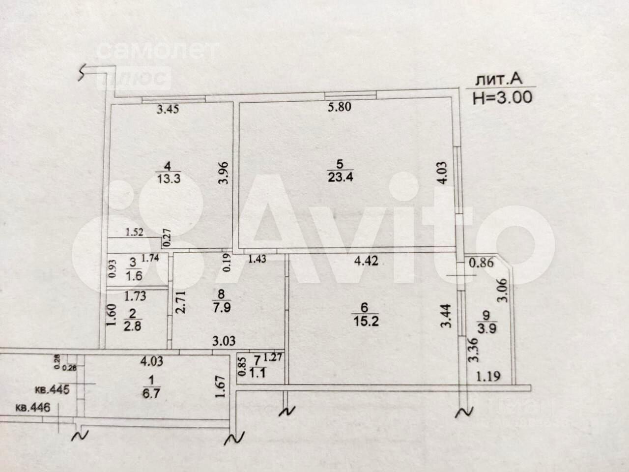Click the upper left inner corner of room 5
tap(240, 102)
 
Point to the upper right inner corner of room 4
tap(232, 102)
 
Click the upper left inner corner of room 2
tap(106, 290)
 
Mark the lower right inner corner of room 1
tap(230, 419)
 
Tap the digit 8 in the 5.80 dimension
tap(340, 107)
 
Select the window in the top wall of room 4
tap(173, 99)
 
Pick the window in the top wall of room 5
tap(350, 95)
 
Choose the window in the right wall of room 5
tap(458, 180)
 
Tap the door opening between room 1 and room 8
tap(196, 352)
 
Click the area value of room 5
tap(340, 177)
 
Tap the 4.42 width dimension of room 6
tap(366, 261)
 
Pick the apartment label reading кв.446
tap(32, 407)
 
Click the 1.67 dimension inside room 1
tap(220, 386)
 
